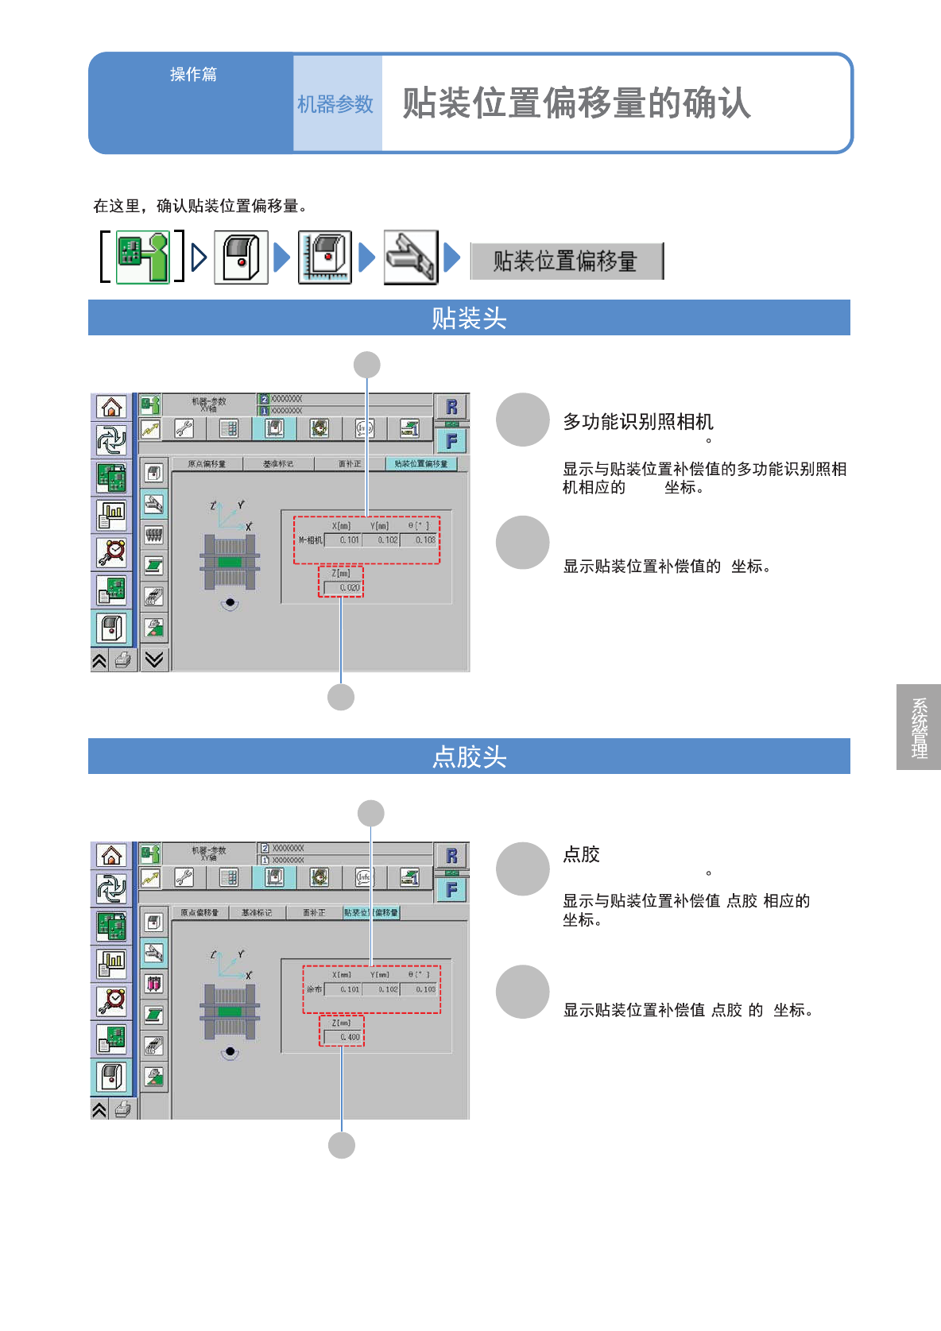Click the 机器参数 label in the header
point(335,104)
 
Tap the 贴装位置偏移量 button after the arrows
point(566,261)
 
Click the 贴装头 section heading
point(469,318)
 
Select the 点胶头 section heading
point(469,756)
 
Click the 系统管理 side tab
point(919,727)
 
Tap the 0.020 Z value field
point(343,588)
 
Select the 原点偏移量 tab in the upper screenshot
point(207,464)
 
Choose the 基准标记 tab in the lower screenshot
point(256,913)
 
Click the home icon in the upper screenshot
point(111,408)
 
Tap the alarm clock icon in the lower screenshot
point(111,1000)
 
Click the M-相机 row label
point(310,540)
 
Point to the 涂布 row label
point(314,989)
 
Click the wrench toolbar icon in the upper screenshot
point(184,429)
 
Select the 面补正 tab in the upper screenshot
point(350,464)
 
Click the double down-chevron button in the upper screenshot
point(154,660)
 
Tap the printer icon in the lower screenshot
point(122,1109)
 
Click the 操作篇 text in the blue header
point(193,75)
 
